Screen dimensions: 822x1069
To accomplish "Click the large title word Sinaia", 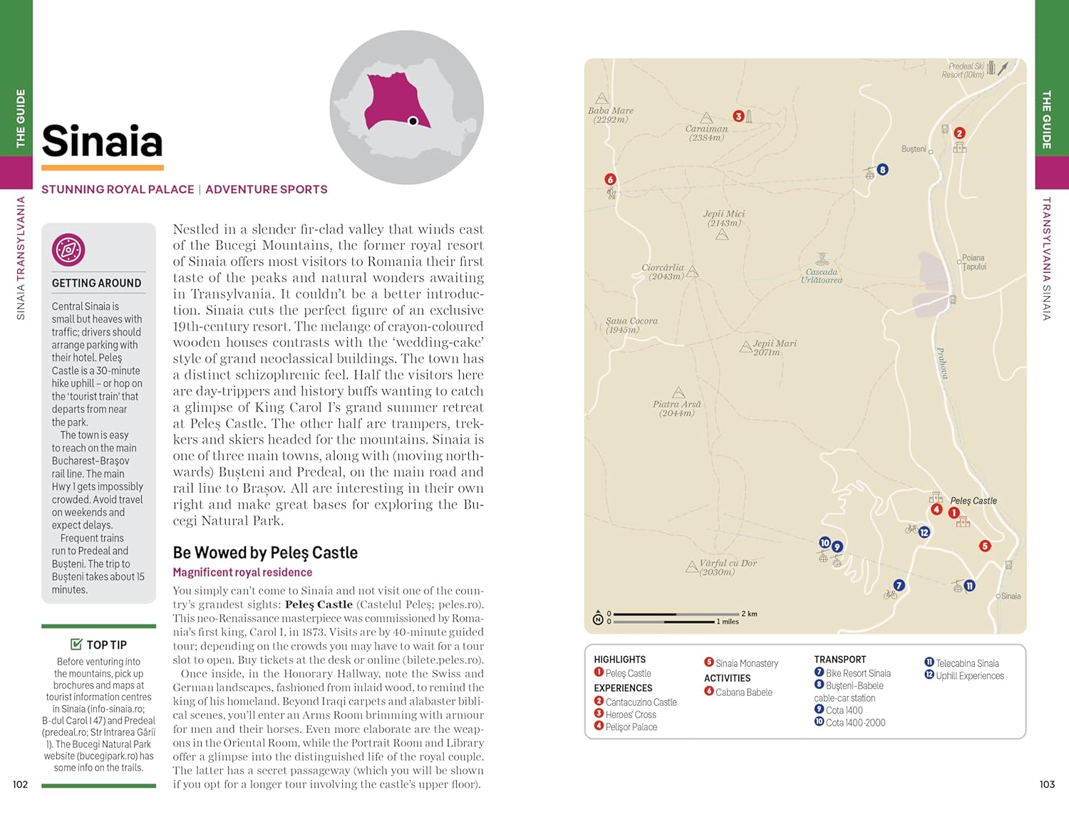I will pos(102,141).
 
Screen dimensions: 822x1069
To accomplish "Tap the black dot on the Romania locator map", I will pos(413,121).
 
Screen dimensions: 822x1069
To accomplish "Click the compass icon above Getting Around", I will pos(68,250).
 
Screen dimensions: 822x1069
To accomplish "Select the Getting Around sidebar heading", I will pos(96,283).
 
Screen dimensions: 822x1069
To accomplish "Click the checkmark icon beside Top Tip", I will pos(76,645).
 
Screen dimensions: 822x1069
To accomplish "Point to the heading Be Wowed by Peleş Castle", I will pos(265,553).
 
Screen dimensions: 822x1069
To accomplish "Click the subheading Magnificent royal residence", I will pos(242,573).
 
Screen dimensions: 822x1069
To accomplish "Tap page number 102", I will pos(20,784).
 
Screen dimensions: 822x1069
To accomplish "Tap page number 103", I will pos(1047,784).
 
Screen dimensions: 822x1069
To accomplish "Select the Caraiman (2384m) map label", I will pos(706,133).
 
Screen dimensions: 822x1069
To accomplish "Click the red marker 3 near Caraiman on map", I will pos(738,116).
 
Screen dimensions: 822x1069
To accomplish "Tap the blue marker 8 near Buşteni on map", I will pos(882,170).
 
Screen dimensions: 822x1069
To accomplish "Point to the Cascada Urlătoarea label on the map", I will pos(821,276).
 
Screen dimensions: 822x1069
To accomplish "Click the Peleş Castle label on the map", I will pos(974,501).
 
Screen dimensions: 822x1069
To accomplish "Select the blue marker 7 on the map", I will pos(899,586).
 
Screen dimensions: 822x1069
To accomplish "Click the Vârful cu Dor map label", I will pos(728,567).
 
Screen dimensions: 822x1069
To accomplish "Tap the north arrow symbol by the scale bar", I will pos(598,618).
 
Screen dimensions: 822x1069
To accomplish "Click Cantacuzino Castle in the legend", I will pos(641,702).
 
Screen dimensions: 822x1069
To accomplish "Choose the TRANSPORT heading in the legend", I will pos(840,660).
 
